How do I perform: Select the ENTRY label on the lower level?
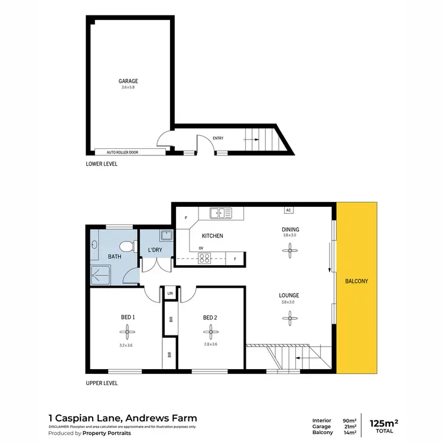[218, 138]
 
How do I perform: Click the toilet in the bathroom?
[125, 246]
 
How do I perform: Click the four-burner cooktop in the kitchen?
[204, 258]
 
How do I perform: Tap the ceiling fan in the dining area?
[289, 252]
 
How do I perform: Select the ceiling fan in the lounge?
[289, 320]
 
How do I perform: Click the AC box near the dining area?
[288, 210]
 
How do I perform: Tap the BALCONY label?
[357, 281]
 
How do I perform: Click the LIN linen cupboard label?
[170, 294]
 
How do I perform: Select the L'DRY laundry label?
[155, 250]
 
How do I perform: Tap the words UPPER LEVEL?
[102, 383]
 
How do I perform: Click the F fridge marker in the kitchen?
[236, 259]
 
